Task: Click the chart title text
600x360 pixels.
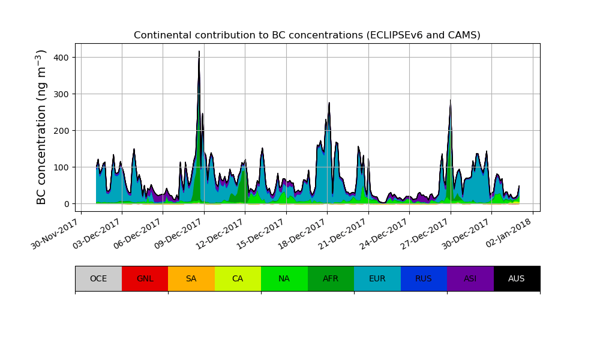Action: pyautogui.click(x=307, y=35)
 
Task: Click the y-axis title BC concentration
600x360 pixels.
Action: pyautogui.click(x=41, y=127)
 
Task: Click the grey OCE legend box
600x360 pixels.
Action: pyautogui.click(x=98, y=278)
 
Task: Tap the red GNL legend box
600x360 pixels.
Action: pyautogui.click(x=145, y=278)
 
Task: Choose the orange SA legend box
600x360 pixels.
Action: pyautogui.click(x=191, y=278)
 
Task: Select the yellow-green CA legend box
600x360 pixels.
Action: pyautogui.click(x=238, y=278)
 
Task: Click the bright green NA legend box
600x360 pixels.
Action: pyautogui.click(x=284, y=278)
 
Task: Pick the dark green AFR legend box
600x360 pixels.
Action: pyautogui.click(x=331, y=278)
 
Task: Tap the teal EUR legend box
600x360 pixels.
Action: pyautogui.click(x=377, y=278)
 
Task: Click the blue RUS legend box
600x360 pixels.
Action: pyautogui.click(x=424, y=278)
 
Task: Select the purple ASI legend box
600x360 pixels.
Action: pyautogui.click(x=470, y=278)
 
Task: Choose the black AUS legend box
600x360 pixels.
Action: pyautogui.click(x=517, y=278)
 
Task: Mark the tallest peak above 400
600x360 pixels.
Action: pyautogui.click(x=199, y=52)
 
